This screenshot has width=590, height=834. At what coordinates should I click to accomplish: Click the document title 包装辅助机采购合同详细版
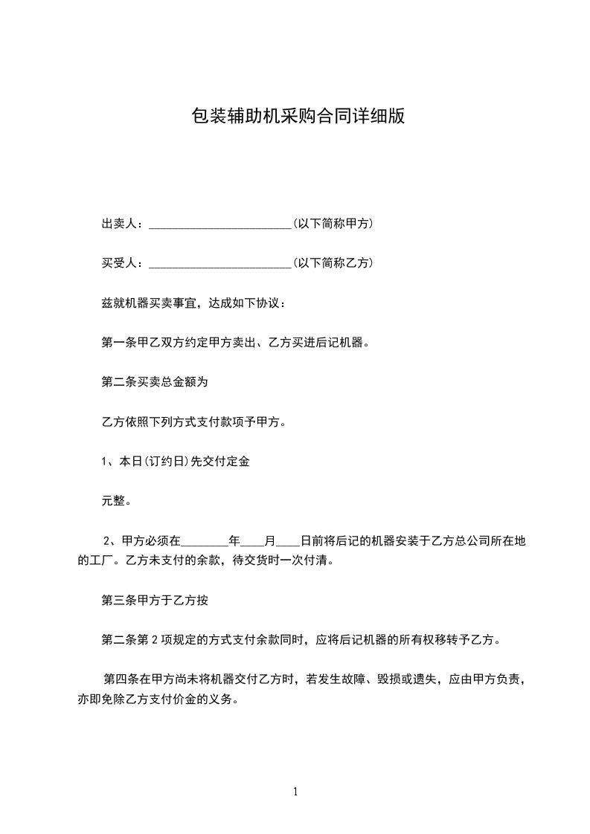pyautogui.click(x=298, y=117)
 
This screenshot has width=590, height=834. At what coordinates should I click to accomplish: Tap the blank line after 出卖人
pyautogui.click(x=220, y=225)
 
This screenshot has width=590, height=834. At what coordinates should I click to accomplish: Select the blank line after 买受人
pyautogui.click(x=220, y=265)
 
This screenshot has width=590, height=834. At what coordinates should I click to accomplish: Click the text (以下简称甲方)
pyautogui.click(x=333, y=224)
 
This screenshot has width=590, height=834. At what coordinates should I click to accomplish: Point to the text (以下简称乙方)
pyautogui.click(x=333, y=263)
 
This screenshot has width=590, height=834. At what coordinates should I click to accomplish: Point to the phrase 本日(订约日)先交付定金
pyautogui.click(x=183, y=462)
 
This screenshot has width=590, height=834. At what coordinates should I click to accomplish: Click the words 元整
pyautogui.click(x=117, y=501)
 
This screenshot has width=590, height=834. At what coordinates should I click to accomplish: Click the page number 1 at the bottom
pyautogui.click(x=295, y=792)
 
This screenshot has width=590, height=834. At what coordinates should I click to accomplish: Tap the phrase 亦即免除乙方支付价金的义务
pyautogui.click(x=157, y=699)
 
